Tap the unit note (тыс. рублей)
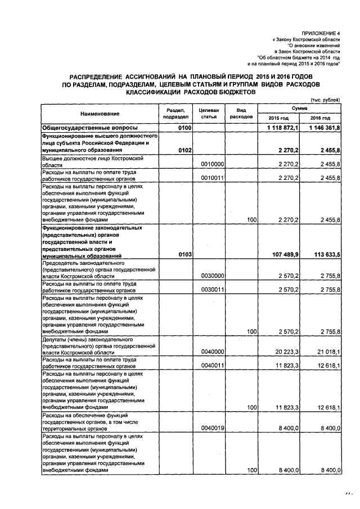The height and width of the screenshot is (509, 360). point(327,100)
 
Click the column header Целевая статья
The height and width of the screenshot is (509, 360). point(209,113)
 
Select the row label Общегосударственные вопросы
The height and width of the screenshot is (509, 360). point(84,128)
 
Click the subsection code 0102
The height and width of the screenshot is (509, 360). point(186,151)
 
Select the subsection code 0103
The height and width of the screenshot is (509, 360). point(186,255)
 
